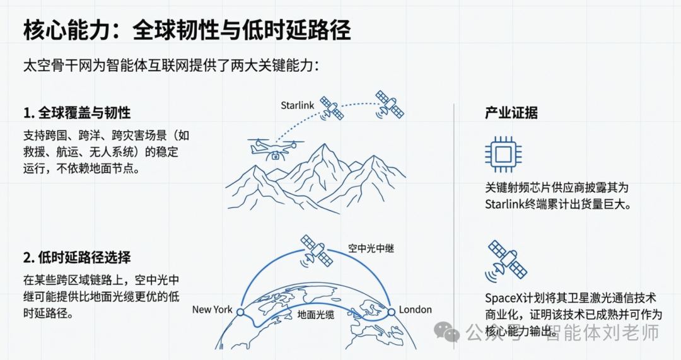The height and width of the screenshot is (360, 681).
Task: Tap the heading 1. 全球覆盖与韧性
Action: point(76,113)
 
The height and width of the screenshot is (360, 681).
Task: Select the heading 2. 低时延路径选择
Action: point(76,257)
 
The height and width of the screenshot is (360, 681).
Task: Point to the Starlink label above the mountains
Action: point(297,105)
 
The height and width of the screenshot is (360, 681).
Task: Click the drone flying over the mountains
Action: point(272,149)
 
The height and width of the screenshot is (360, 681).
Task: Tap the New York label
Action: point(212,310)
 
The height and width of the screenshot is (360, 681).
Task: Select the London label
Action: point(416,310)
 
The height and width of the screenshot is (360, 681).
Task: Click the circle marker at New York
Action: point(239,311)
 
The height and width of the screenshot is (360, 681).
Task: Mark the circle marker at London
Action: point(391,311)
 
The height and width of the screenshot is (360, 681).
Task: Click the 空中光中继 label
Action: point(371,248)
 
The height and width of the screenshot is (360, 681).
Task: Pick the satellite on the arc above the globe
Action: point(315,250)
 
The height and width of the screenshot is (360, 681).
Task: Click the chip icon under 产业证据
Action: point(504,154)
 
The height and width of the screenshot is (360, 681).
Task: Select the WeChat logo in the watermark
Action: point(451,332)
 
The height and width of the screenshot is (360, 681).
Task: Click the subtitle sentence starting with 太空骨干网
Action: point(171,65)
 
